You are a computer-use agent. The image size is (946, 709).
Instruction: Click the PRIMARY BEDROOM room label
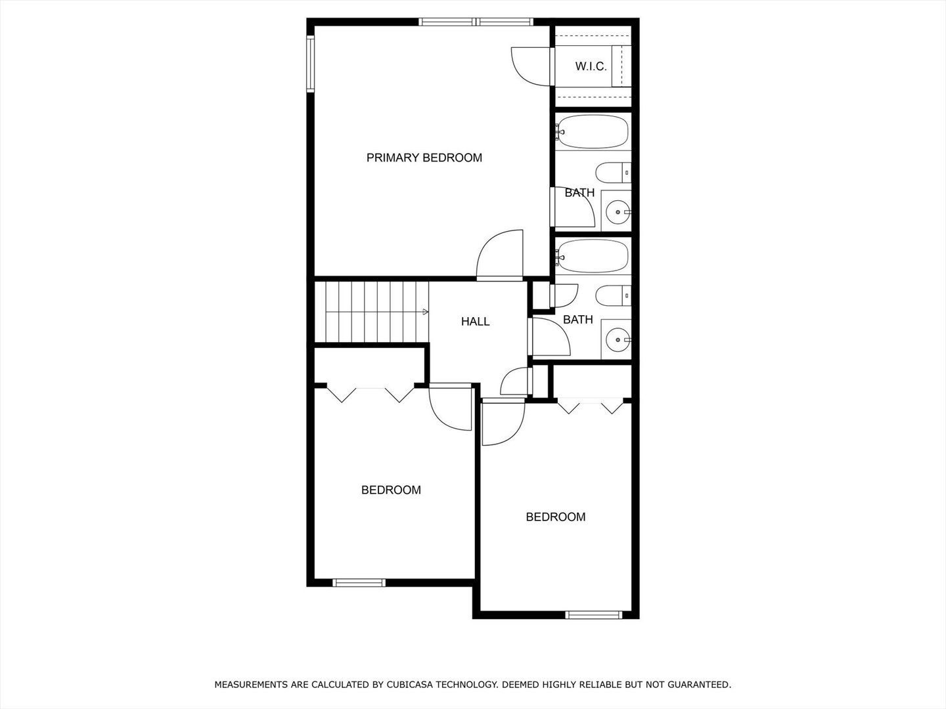[x=424, y=158]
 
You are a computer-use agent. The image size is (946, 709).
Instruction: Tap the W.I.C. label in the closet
[x=591, y=66]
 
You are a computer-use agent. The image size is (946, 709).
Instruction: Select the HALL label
[x=475, y=322]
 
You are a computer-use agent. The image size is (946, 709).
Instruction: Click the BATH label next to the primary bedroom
[x=579, y=193]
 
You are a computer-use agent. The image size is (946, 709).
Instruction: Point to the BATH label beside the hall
[x=578, y=320]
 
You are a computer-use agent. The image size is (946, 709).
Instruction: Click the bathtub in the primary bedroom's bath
[x=592, y=132]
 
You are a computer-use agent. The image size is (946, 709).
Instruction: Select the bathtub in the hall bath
[x=592, y=256]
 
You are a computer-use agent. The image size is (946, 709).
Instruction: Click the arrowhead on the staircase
[x=426, y=312]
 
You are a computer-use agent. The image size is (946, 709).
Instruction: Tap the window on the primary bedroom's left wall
[x=310, y=62]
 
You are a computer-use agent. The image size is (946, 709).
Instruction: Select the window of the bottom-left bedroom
[x=359, y=582]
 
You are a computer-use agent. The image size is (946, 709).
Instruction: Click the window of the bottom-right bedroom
[x=593, y=615]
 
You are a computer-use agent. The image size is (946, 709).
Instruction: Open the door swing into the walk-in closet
[x=531, y=66]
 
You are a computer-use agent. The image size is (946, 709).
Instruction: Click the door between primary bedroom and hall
[x=499, y=256]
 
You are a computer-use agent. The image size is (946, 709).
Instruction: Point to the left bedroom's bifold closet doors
[x=371, y=393]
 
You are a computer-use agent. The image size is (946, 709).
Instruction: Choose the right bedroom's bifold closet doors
[x=590, y=405]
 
